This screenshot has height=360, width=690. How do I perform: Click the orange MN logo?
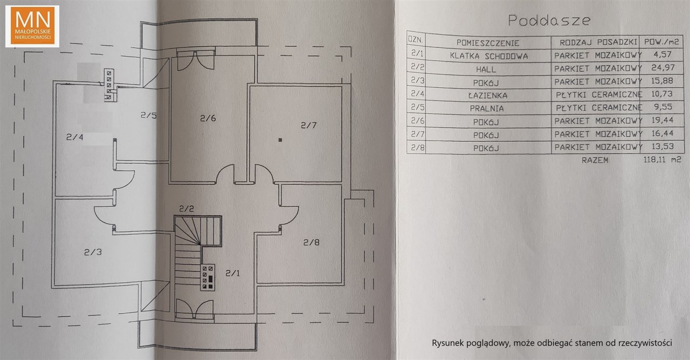point(32,26)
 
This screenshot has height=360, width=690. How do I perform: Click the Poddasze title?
point(549,20)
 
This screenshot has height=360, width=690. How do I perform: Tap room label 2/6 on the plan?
point(208,118)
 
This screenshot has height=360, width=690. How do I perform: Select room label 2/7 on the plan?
point(309,125)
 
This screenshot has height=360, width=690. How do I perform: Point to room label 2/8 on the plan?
point(312,243)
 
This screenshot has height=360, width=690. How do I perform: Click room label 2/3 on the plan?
point(93,252)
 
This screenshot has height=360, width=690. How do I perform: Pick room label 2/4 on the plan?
point(75,137)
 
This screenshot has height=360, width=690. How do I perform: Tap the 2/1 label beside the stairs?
point(232,273)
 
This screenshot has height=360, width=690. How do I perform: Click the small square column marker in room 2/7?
point(280,140)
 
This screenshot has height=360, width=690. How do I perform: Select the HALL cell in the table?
point(486,70)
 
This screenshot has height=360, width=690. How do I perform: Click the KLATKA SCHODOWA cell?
point(489,56)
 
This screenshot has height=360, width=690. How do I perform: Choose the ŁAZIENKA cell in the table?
point(487,95)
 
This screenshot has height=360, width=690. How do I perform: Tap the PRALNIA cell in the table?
point(487,109)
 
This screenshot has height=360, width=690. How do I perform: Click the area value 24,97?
point(663,67)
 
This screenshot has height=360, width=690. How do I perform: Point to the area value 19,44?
point(663,120)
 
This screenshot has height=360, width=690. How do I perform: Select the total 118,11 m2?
point(663,160)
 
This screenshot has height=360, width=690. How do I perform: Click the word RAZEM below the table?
point(595,160)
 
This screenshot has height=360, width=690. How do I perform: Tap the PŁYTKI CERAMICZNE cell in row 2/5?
point(599,107)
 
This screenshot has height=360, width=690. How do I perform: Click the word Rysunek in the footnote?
point(448,343)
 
